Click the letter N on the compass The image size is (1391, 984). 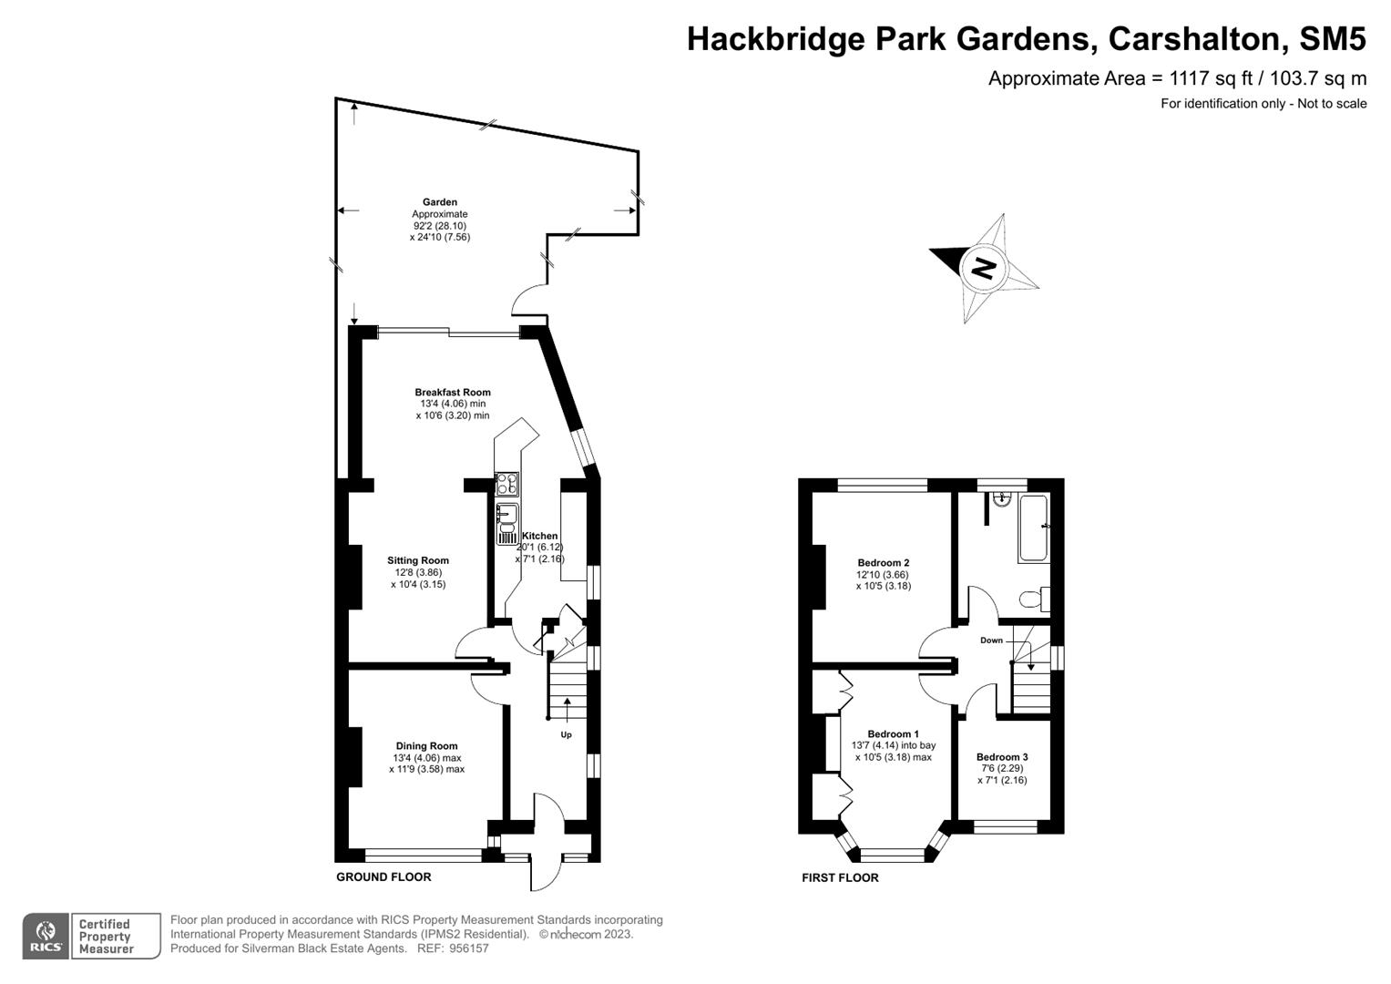983,268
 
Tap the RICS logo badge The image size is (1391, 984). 45,936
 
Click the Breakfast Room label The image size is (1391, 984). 453,393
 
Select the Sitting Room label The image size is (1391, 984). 418,560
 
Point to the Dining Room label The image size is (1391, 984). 426,745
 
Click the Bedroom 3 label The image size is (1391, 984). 1002,757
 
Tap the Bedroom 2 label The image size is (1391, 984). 883,563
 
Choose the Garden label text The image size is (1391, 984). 440,202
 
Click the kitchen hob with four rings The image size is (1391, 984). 506,484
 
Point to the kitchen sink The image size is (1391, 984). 506,519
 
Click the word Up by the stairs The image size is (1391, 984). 566,734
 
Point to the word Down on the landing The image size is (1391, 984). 991,641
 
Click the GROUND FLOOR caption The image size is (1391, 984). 384,876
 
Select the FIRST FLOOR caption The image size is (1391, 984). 840,877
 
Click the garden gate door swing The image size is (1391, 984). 528,301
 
